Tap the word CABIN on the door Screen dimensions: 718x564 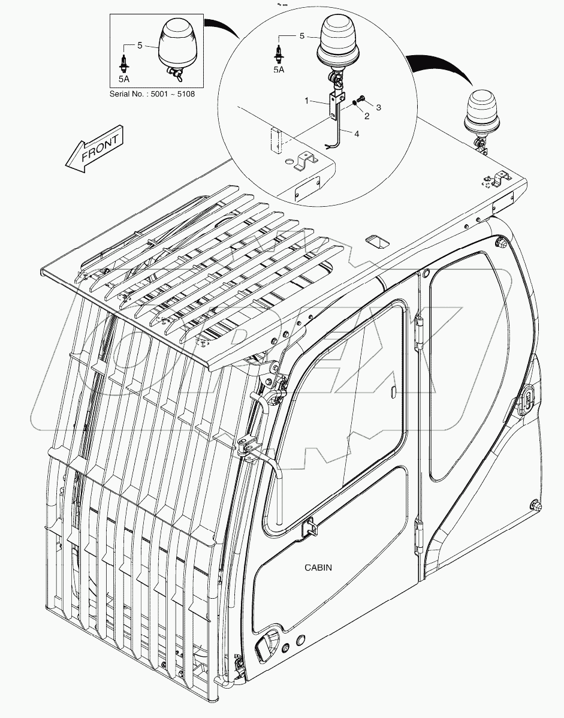(318, 567)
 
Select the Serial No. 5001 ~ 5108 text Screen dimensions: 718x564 (152, 94)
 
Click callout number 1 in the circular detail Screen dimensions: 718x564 (307, 101)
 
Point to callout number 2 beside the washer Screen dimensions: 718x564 (367, 116)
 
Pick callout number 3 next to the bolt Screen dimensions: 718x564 (378, 106)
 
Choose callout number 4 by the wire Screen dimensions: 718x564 (356, 135)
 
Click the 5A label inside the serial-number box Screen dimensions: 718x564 (124, 78)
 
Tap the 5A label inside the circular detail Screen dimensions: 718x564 (279, 70)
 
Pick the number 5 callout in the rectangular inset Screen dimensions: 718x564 (140, 44)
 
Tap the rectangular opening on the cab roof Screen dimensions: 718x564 (376, 242)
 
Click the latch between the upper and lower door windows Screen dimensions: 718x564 (311, 526)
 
